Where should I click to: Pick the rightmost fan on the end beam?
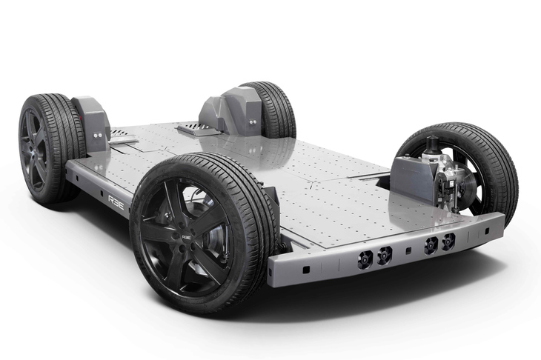point(448,241)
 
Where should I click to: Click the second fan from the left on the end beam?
point(384,254)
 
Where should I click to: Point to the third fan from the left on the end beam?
point(431,245)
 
